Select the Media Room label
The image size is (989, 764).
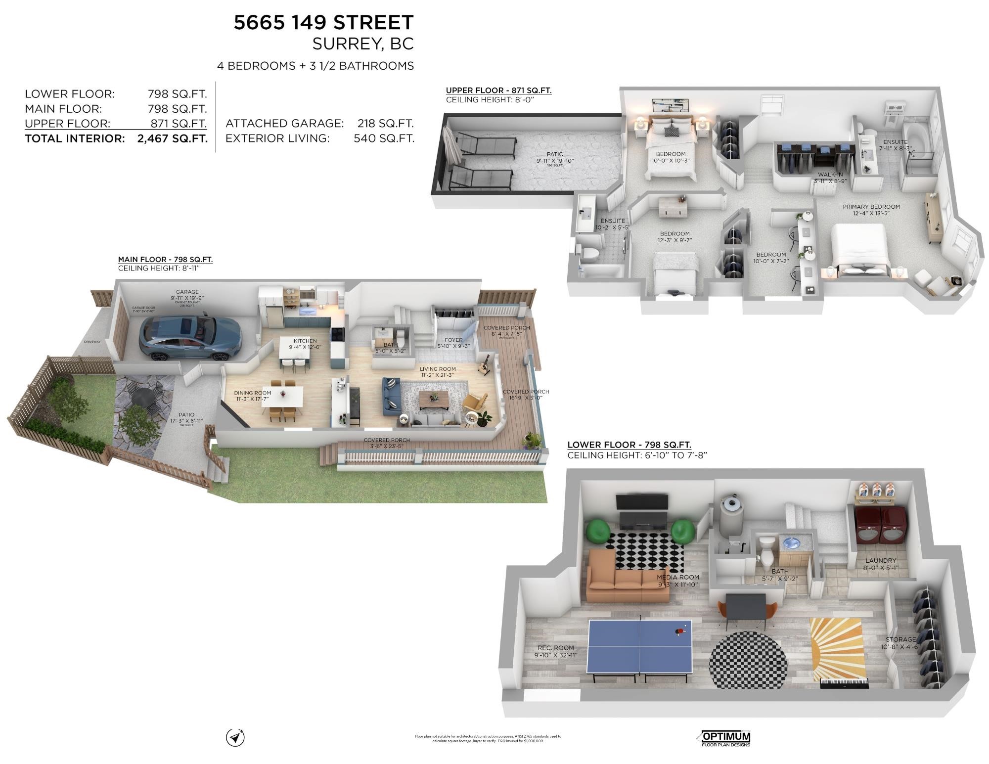[x=677, y=577]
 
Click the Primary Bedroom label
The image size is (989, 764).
[x=871, y=207]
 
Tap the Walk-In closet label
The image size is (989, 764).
[x=830, y=175]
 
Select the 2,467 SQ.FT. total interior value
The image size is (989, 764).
[x=172, y=138]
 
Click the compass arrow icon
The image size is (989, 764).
[x=235, y=737]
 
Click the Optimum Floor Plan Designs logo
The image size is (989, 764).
[x=725, y=738]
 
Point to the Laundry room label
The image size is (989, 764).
[x=880, y=560]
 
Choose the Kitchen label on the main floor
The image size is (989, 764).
[x=305, y=341]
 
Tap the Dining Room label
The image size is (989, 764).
[x=252, y=393]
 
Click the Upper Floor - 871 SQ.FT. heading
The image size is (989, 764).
[x=498, y=90]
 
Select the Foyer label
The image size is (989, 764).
[x=453, y=340]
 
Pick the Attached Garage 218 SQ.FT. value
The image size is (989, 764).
[x=385, y=124]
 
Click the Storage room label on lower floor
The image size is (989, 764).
[x=900, y=639]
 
